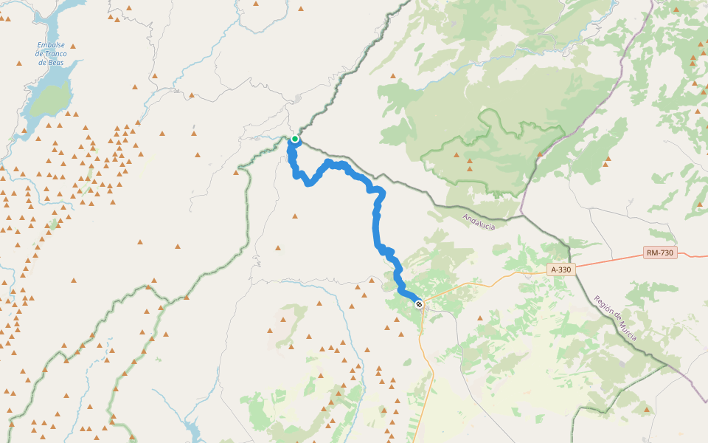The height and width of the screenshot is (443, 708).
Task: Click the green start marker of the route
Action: click(295, 139)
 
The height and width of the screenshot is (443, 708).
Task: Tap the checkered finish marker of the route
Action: click(419, 304)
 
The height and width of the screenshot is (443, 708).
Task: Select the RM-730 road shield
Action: click(660, 253)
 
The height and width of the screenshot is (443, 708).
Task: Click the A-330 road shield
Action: click(560, 269)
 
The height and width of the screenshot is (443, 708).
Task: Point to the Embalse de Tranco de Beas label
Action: click(52, 53)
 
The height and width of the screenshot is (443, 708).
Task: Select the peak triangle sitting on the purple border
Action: click(540, 154)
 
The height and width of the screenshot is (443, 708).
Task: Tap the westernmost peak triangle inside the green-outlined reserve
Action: click(457, 155)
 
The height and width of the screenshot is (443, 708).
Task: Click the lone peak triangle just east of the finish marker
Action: click(480, 318)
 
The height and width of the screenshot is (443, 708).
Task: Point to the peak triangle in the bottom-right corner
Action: click(647, 409)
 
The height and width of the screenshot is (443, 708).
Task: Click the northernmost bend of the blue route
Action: click(329, 162)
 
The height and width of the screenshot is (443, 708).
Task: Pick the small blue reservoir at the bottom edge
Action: click(193, 431)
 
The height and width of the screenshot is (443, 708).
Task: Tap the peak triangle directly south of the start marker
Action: click(295, 216)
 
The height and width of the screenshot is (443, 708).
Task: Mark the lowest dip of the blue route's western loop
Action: click(310, 184)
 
